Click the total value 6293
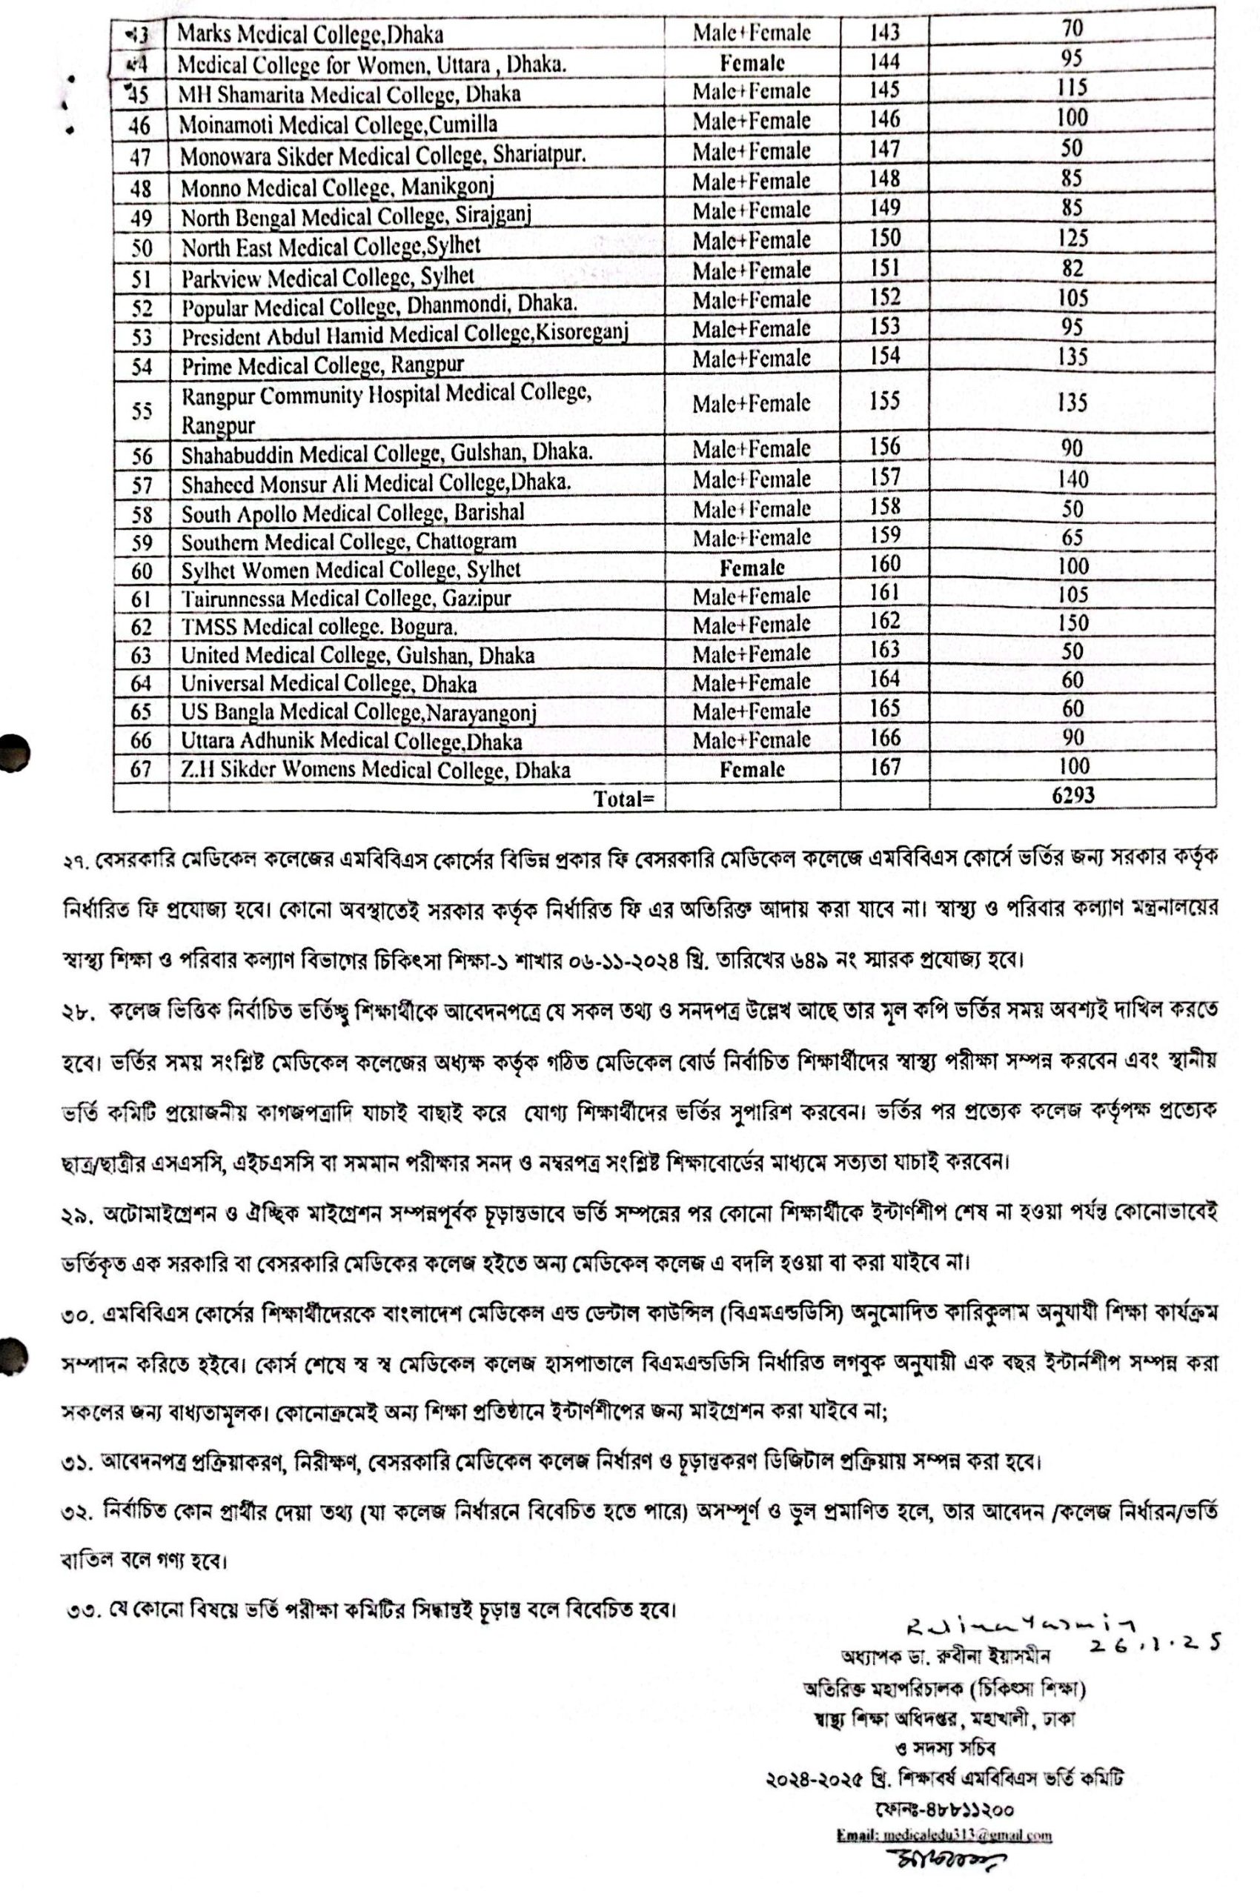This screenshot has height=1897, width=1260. tap(1072, 794)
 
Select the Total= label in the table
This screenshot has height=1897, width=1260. tap(623, 798)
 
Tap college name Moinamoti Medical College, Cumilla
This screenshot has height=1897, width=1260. tap(337, 124)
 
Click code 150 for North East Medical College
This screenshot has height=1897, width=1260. tap(885, 238)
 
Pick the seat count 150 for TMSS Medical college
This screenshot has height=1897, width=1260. tap(1072, 622)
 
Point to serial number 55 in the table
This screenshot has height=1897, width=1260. tap(142, 411)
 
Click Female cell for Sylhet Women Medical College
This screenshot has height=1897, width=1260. tap(752, 568)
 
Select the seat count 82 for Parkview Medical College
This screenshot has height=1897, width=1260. tap(1072, 268)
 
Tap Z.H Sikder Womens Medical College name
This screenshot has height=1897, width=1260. tap(375, 770)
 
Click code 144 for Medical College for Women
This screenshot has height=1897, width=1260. tap(885, 61)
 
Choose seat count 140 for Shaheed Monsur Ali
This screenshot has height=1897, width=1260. tap(1072, 479)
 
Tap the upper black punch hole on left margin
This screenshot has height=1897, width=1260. tap(13, 753)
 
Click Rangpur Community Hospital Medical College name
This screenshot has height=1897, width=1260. tap(385, 409)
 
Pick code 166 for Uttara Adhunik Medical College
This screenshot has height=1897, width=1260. tap(885, 737)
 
